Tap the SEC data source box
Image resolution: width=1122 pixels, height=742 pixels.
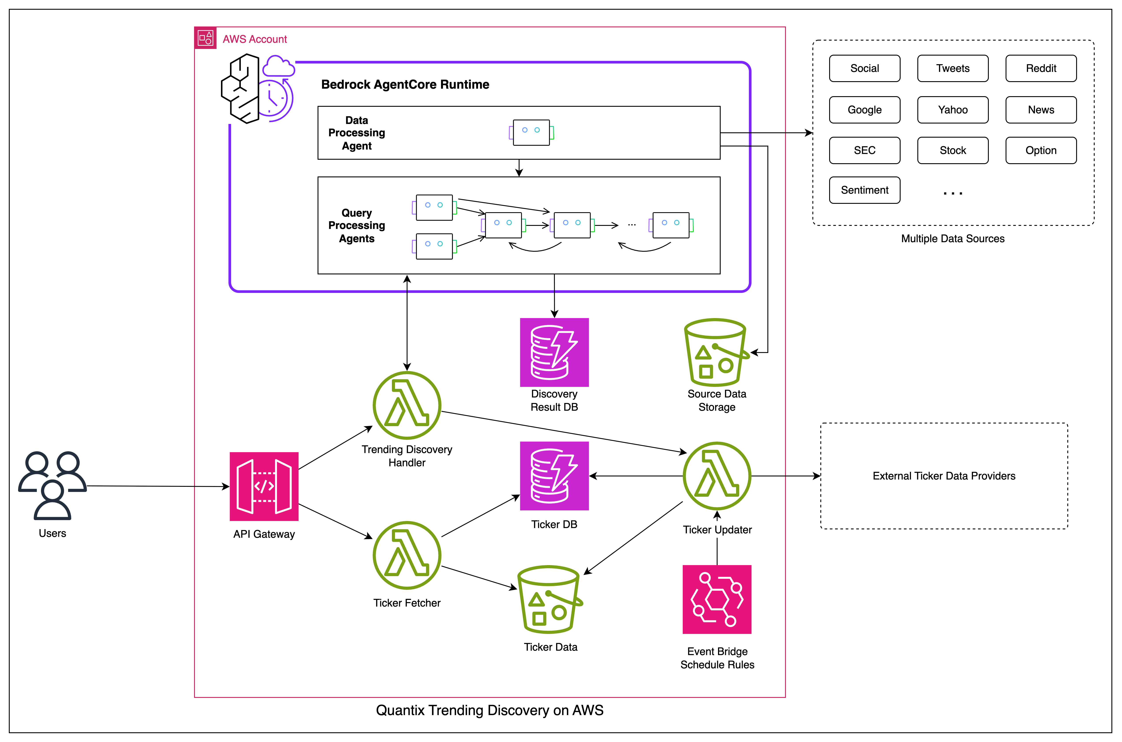click(x=864, y=150)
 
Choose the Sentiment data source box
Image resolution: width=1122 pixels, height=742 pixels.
click(x=864, y=190)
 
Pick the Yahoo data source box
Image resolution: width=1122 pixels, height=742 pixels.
click(x=953, y=110)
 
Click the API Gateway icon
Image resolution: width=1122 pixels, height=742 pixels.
click(x=264, y=486)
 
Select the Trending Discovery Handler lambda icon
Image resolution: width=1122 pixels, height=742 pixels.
click(x=407, y=406)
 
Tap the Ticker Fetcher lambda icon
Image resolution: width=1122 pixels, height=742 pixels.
click(x=407, y=556)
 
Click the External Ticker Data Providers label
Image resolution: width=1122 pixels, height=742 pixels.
click(x=944, y=476)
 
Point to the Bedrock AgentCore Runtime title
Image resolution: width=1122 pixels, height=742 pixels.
click(x=405, y=85)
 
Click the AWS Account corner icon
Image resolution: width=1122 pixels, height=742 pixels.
click(x=205, y=38)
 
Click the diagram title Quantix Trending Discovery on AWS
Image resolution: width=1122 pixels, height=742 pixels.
click(x=490, y=710)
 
